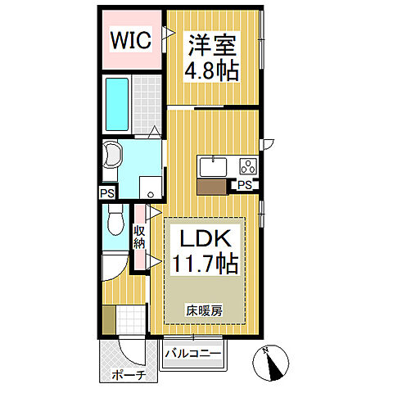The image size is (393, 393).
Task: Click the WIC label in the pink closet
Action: click(131, 40)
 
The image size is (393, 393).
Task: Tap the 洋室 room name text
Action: click(215, 42)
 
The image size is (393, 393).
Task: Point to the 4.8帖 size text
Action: click(215, 70)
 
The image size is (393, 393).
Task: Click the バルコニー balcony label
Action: click(192, 354)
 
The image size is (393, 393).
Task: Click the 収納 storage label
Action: click(140, 237)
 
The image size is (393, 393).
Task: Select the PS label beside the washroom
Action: click(107, 193)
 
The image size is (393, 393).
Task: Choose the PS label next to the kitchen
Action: click(243, 186)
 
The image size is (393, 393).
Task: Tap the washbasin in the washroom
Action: click(112, 155)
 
